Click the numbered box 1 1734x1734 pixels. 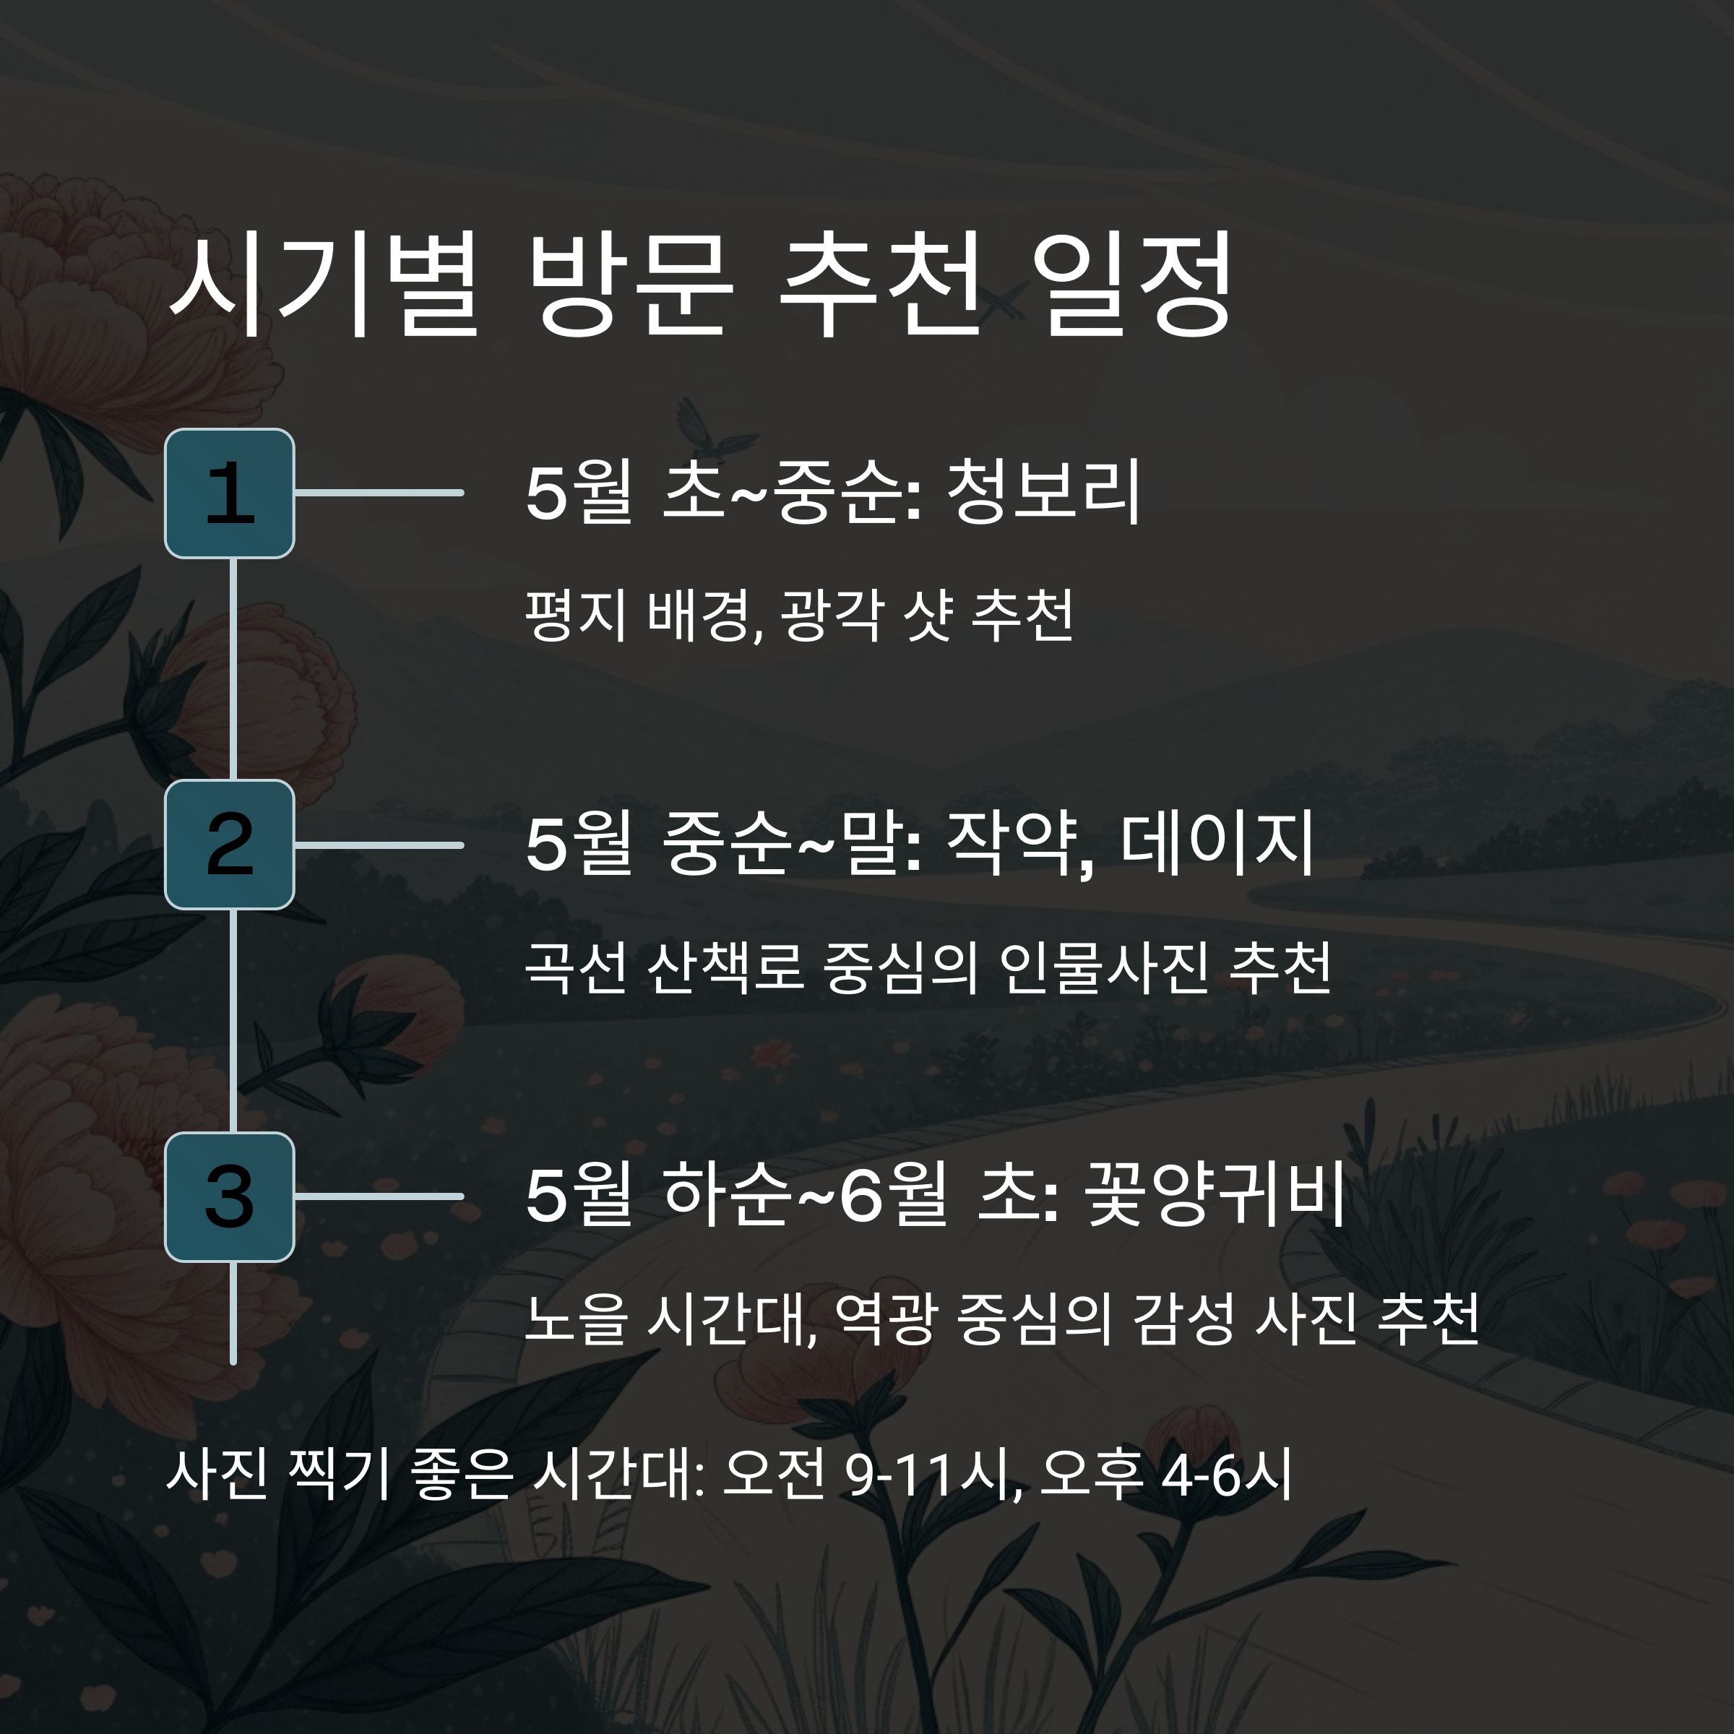click(x=230, y=493)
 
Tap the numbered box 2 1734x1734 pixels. click(x=230, y=845)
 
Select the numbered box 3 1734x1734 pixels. click(x=230, y=1196)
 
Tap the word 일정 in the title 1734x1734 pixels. click(x=1133, y=285)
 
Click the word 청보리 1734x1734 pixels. click(x=1043, y=492)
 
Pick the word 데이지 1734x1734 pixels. click(x=1217, y=844)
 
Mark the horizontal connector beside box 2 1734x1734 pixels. click(x=379, y=845)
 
